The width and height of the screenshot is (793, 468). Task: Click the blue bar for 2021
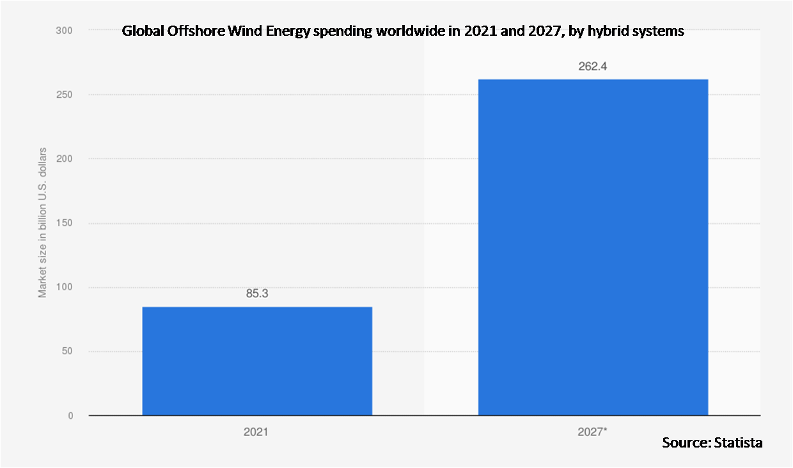(x=256, y=361)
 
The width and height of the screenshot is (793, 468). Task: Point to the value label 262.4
(x=593, y=67)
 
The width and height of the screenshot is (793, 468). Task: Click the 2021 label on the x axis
(x=256, y=432)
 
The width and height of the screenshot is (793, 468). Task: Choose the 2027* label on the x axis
(x=593, y=432)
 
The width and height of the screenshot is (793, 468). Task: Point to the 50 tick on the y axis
(x=67, y=351)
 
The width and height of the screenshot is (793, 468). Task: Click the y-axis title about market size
(x=43, y=222)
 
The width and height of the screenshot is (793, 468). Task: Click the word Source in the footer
(x=682, y=442)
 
